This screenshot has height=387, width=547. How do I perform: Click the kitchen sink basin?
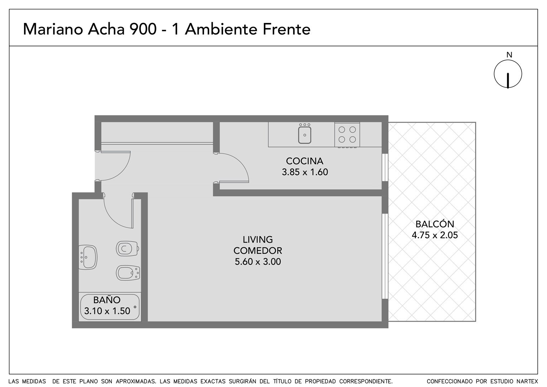305,135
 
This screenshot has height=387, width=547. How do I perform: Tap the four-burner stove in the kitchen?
347,135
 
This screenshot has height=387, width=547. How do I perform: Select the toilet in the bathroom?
127,249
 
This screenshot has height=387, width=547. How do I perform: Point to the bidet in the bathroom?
128,273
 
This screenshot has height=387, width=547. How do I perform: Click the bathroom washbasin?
88,257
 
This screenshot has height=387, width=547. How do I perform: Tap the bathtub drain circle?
135,307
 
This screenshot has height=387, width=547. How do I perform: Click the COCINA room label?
305,161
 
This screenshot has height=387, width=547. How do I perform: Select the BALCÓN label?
435,224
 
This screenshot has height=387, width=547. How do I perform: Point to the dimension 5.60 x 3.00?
258,262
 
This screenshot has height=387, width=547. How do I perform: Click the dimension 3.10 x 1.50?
107,311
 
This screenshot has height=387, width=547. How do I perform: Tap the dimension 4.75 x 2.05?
435,235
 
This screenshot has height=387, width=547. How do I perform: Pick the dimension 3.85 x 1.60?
305,172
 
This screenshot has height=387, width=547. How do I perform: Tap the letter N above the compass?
509,55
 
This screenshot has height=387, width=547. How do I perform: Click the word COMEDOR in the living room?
258,250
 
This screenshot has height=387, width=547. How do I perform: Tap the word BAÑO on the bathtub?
107,300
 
